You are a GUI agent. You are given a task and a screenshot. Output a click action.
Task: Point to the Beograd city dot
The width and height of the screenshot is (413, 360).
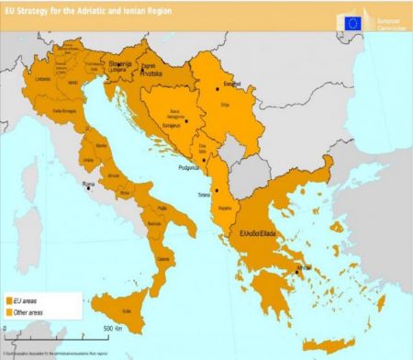(217, 88)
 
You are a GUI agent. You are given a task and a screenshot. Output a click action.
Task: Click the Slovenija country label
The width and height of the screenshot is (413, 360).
(120, 63)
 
